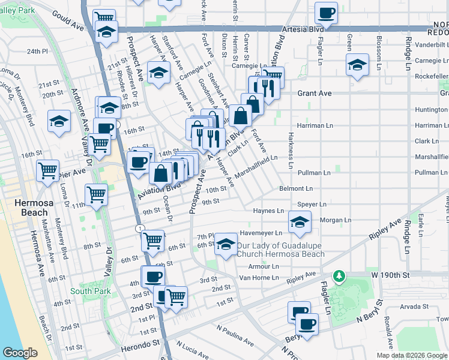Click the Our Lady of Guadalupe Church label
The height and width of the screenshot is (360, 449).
280,250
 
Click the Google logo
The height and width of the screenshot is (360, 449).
20,353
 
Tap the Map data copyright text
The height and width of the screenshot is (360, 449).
412,355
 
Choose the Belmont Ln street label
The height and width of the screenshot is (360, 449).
293,188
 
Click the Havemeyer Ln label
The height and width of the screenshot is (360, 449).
261,233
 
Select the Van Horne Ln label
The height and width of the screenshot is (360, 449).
259,277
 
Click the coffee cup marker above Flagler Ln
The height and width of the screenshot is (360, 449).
326,12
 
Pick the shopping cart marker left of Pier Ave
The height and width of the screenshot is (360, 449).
47,170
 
